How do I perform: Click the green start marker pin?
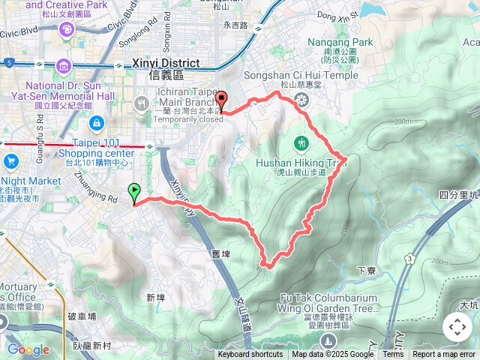[134, 193]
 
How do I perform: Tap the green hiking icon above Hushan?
[301, 142]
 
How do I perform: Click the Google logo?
[28, 349]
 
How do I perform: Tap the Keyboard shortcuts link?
[250, 355]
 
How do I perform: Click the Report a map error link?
[445, 355]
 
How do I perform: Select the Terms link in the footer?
[393, 355]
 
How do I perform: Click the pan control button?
[457, 327]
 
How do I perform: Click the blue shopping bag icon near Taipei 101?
[96, 123]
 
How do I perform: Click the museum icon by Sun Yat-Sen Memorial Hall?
[64, 68]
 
